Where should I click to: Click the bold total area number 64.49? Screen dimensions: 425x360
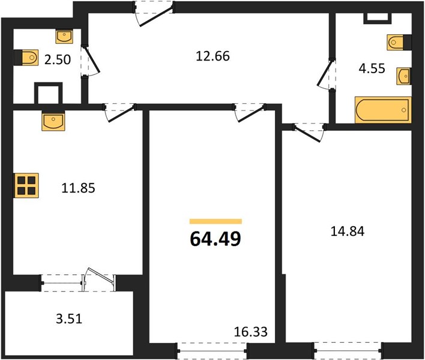(x=216, y=239)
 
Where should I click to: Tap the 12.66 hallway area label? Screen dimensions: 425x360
(x=212, y=56)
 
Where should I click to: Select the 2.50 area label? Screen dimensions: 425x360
(x=58, y=59)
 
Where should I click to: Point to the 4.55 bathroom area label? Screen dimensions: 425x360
(x=372, y=68)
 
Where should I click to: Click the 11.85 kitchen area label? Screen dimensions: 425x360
(x=78, y=188)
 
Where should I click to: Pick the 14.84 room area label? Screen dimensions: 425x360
(x=348, y=232)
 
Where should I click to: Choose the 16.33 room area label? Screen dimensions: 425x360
(x=251, y=332)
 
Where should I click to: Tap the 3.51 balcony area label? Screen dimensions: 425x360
(x=69, y=319)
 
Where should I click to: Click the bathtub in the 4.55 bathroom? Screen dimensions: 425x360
(x=383, y=110)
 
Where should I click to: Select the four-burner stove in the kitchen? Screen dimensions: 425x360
(x=26, y=185)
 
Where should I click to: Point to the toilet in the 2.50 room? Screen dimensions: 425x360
(x=26, y=58)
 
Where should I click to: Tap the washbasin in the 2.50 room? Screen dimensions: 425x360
(x=64, y=37)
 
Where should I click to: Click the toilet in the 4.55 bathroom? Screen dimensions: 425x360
(x=399, y=42)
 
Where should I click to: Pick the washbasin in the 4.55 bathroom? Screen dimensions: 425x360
(x=404, y=76)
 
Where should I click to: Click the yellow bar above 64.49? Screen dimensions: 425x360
(x=216, y=221)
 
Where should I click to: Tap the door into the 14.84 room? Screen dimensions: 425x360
(x=309, y=132)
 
